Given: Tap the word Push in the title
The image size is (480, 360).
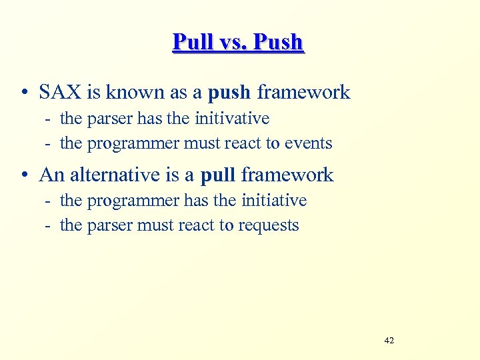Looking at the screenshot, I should [x=277, y=42].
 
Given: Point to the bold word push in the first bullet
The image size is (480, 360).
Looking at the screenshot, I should [x=230, y=93].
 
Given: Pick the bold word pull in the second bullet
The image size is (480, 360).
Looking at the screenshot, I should [x=218, y=175].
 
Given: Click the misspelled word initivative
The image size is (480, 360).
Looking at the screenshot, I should [x=232, y=119].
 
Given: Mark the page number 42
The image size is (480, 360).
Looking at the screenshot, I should [x=389, y=341].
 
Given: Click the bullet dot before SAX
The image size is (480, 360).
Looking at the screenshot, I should [x=23, y=93].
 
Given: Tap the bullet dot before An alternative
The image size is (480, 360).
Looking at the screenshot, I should [x=23, y=175].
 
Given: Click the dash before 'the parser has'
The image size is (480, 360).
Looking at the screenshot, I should [x=49, y=119].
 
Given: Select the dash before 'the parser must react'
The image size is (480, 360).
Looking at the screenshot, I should [x=49, y=226].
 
